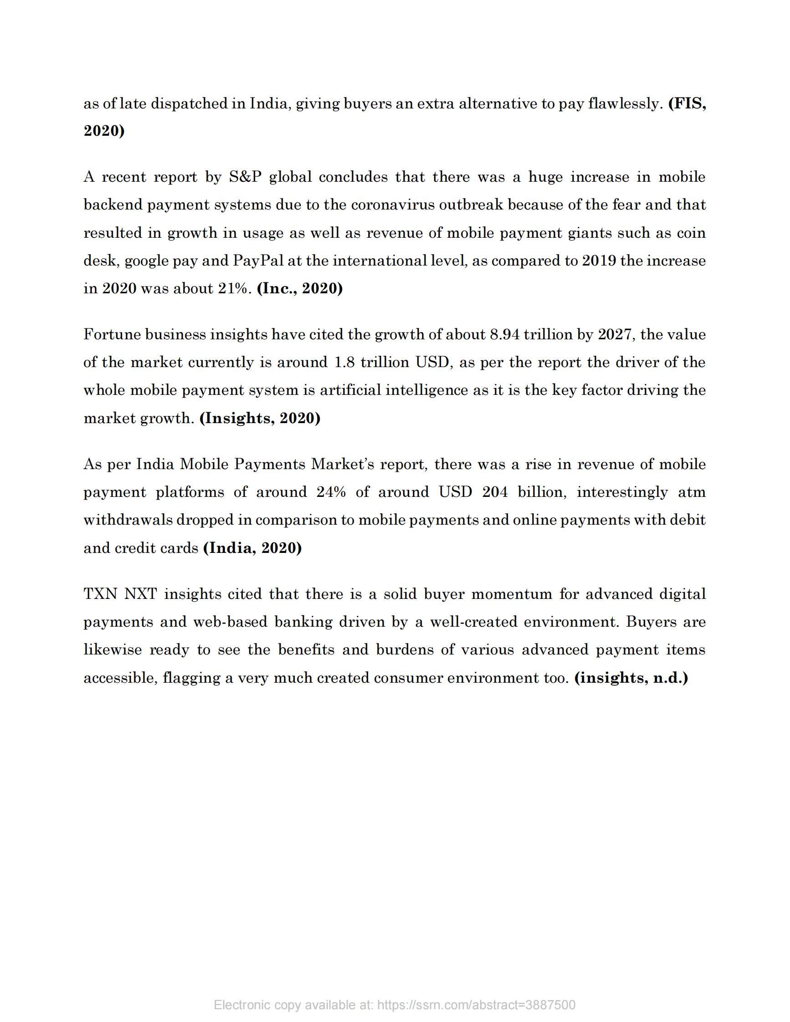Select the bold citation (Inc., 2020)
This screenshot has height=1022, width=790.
299,288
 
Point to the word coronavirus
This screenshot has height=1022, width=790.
393,205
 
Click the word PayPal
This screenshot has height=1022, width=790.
258,261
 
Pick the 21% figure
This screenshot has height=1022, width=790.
235,288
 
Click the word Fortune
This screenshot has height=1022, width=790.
112,334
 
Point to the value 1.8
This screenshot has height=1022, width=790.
344,362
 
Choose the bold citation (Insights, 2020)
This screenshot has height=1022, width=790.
260,418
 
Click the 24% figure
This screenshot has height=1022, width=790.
331,492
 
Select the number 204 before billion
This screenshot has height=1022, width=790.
495,492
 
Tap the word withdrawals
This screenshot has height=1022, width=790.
128,520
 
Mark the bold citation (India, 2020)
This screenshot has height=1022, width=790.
252,548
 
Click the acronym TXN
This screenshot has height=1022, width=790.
100,594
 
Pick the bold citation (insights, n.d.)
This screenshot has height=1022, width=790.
631,678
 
